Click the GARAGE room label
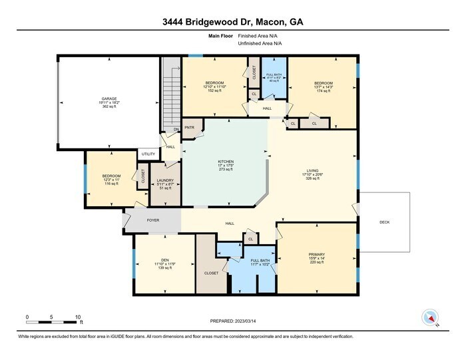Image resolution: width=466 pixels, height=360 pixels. (109, 98)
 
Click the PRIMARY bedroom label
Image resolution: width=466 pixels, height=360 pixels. (316, 254)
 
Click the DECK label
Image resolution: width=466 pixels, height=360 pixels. (385, 222)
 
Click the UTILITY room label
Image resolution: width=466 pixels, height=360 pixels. (148, 154)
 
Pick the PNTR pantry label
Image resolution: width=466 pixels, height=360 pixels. (189, 127)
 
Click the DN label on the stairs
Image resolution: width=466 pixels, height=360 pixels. (176, 129)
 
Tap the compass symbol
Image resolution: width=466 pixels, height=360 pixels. (431, 317)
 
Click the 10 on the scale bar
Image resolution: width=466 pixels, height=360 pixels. (78, 317)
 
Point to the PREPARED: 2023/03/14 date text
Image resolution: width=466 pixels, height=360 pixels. (232, 323)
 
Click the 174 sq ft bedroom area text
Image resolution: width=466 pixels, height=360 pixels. (322, 90)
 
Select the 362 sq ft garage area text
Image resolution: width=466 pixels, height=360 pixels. (109, 106)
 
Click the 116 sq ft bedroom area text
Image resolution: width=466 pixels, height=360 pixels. (111, 183)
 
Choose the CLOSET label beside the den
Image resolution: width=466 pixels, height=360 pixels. (211, 273)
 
